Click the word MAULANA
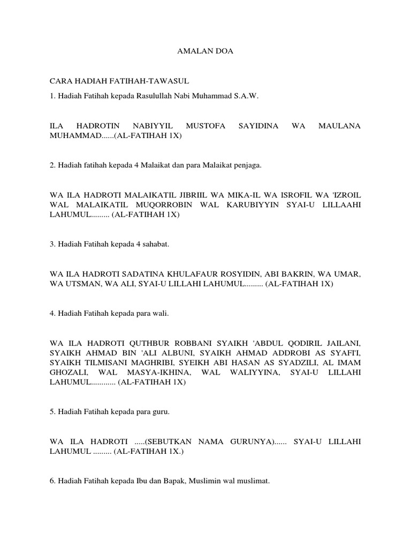point(339,126)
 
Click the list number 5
point(51,412)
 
